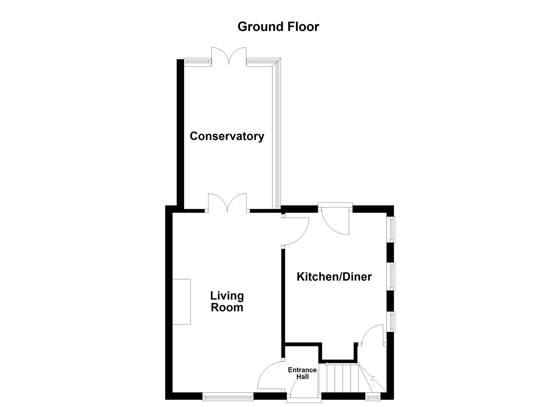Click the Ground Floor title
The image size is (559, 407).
point(278,27)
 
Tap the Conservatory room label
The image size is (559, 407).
point(227,136)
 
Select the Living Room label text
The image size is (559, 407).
point(227,301)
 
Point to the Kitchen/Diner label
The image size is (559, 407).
point(334,277)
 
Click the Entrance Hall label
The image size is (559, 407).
point(302,373)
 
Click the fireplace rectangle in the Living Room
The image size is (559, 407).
point(182,301)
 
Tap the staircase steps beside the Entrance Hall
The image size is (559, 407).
point(341,378)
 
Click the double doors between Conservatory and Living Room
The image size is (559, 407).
point(227,204)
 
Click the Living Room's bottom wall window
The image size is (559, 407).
point(228,396)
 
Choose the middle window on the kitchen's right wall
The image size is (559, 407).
point(391,277)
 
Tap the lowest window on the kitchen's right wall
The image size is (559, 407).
point(391,321)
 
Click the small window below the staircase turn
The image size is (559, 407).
point(373,396)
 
